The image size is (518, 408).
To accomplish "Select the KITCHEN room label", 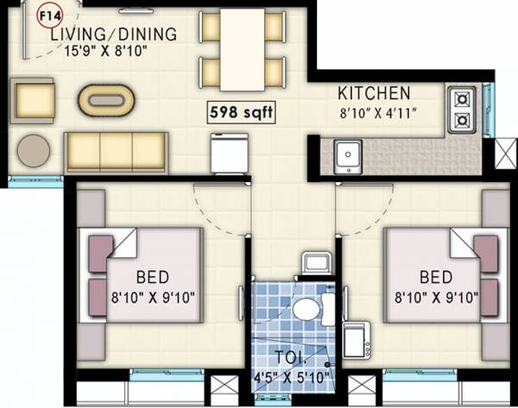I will pyautogui.click(x=374, y=93).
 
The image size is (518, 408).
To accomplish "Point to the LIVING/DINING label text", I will pyautogui.click(x=112, y=35).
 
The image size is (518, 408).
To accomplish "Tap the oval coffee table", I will pyautogui.click(x=107, y=100).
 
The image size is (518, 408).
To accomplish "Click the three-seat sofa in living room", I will pyautogui.click(x=116, y=153).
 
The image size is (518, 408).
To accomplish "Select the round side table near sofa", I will pyautogui.click(x=34, y=150).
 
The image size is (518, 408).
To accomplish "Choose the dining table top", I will pyautogui.click(x=242, y=48).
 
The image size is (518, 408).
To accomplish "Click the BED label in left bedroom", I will pyautogui.click(x=152, y=278).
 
